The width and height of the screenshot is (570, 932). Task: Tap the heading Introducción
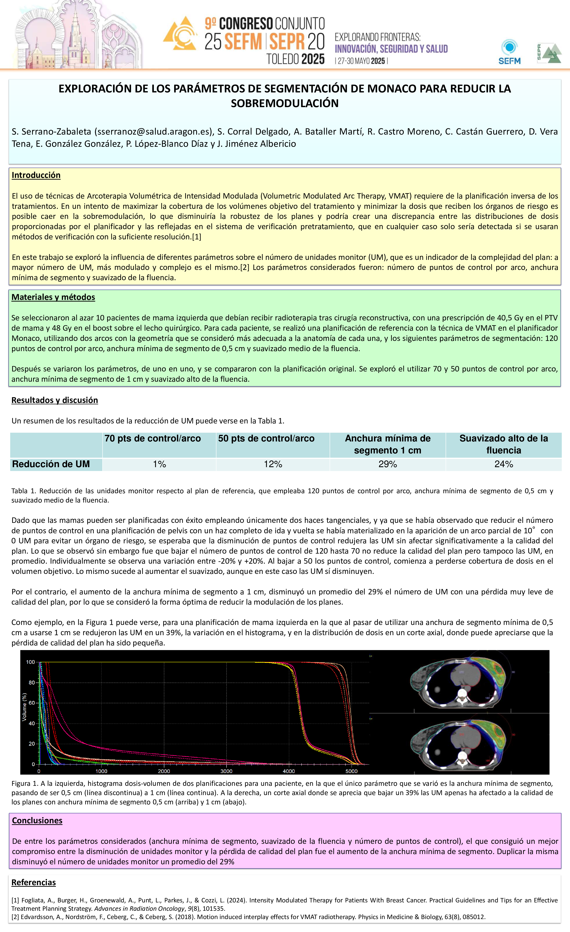36,175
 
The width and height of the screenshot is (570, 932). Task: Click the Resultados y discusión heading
55,400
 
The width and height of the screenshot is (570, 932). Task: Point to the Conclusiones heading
37,820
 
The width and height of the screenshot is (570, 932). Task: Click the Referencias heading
34,882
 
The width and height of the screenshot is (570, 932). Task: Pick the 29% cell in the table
387,464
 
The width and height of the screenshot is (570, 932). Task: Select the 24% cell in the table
504,464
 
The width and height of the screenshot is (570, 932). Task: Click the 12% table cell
273,464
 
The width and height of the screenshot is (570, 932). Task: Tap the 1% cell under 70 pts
159,464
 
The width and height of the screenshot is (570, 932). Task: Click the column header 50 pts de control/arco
266,438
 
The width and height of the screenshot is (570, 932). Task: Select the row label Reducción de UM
51,464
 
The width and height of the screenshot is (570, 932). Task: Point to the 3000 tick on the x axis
226,771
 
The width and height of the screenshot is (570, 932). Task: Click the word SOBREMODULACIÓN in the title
285,103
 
